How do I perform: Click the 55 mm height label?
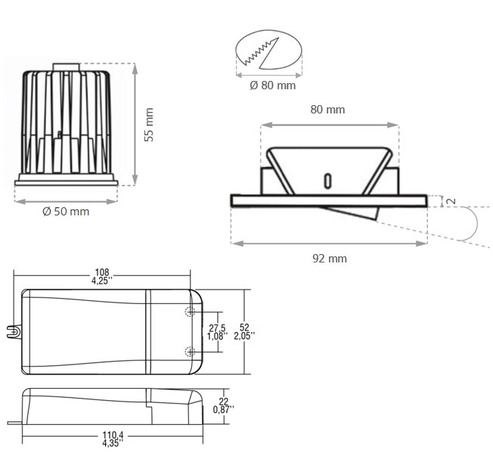click(x=149, y=124)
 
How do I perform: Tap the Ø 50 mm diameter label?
click(x=66, y=212)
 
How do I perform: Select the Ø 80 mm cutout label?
click(x=272, y=85)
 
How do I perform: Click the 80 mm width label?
click(x=327, y=110)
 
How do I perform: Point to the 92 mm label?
click(x=330, y=259)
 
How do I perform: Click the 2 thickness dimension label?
click(x=450, y=200)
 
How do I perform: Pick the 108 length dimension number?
click(x=102, y=272)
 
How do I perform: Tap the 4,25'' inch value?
click(x=102, y=281)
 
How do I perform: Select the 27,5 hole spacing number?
click(x=217, y=327)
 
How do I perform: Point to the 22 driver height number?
click(x=223, y=402)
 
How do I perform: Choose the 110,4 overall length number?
click(x=111, y=436)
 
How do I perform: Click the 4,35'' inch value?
click(x=111, y=444)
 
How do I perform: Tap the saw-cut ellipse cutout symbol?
click(x=268, y=52)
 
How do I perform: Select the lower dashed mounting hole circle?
click(x=189, y=350)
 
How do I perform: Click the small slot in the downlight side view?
click(x=327, y=182)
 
